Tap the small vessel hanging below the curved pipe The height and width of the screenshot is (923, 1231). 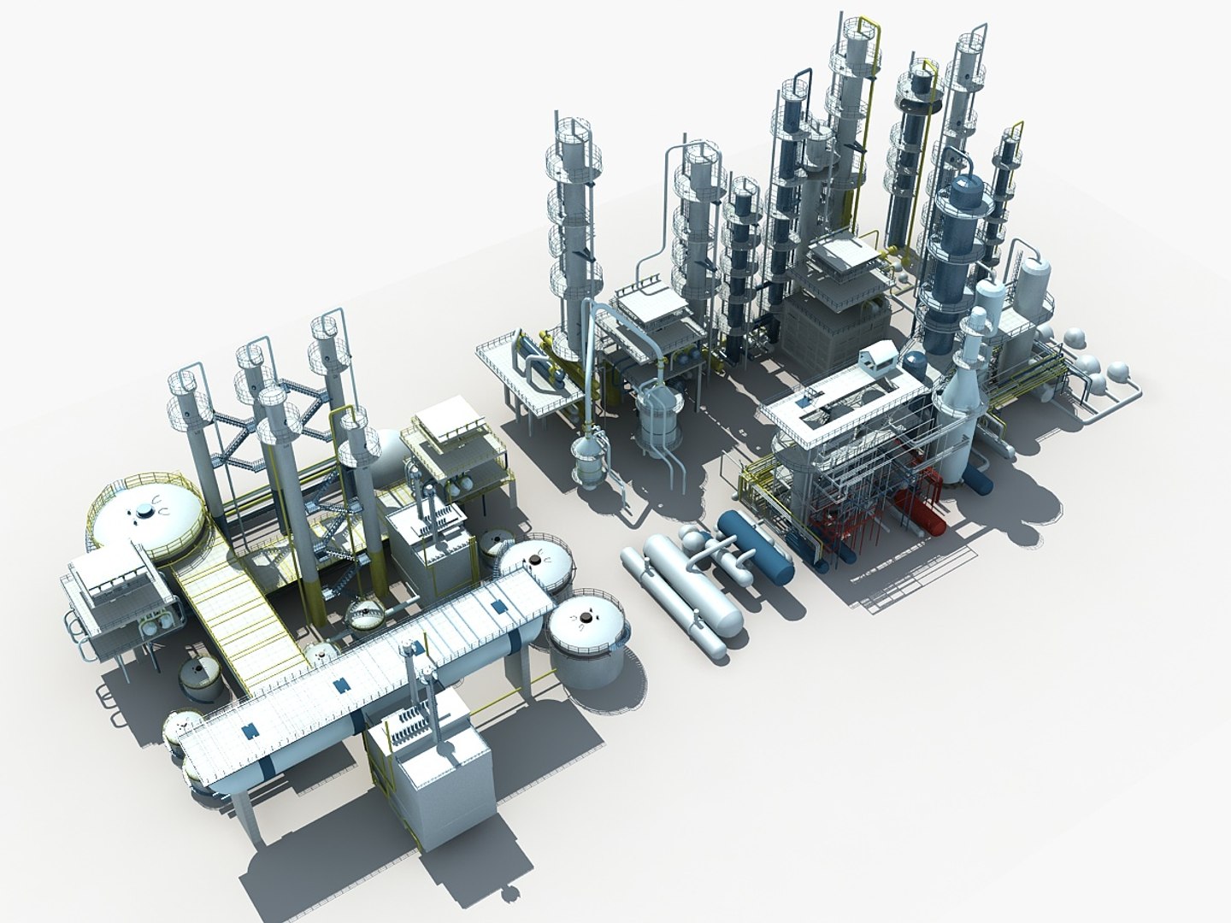coord(589,461)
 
